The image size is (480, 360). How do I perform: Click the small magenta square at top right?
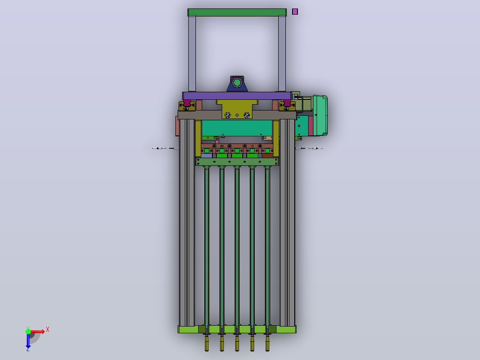295,12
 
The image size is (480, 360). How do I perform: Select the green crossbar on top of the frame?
237,12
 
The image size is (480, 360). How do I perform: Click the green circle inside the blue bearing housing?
237,82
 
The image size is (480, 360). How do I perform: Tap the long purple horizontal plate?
236,96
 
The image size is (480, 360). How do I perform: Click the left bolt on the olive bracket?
228,115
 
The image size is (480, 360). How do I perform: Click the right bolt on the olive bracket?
246,115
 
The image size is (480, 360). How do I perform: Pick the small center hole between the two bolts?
237,115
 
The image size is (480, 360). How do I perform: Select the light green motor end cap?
321,115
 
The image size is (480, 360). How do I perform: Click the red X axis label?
48,330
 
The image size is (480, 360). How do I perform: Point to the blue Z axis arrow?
28,341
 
